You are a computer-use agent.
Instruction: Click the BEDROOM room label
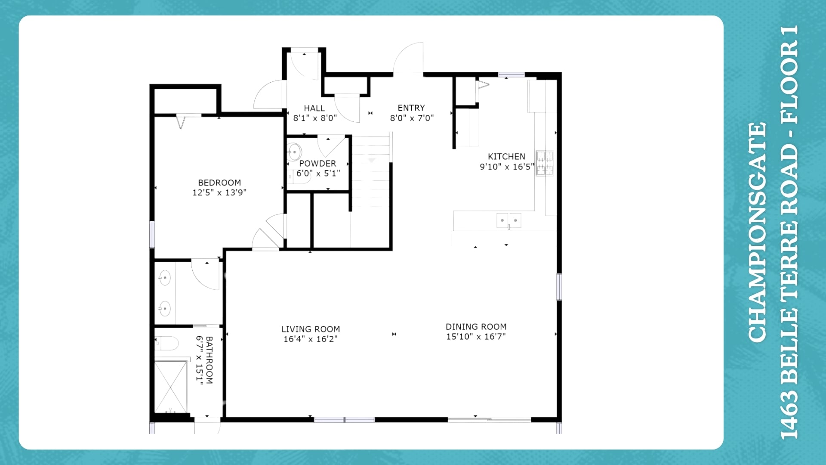point(219,183)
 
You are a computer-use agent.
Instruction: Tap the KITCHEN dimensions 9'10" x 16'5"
point(507,167)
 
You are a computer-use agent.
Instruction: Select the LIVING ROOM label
point(311,329)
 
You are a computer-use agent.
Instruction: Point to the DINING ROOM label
point(476,327)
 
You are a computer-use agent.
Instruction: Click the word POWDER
point(317,164)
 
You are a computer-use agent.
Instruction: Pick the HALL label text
point(314,108)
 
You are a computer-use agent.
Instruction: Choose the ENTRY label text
point(411,108)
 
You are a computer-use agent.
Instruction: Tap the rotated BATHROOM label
point(210,360)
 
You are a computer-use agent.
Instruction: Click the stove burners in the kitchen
point(544,163)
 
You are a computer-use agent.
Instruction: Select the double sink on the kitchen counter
point(509,220)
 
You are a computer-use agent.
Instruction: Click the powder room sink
point(294,152)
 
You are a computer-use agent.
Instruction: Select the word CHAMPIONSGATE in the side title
point(757,232)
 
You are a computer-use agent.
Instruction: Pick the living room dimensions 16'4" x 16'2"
point(311,339)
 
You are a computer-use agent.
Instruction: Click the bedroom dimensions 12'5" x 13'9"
point(219,192)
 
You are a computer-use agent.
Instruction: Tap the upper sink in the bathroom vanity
point(165,278)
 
